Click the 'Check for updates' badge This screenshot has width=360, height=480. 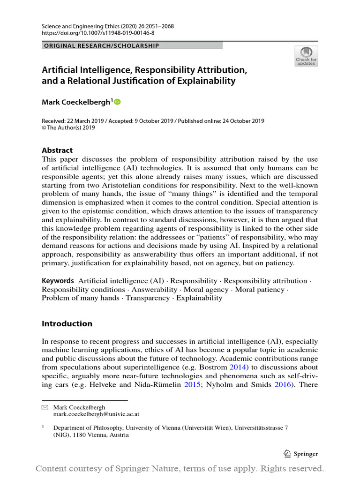(306, 56)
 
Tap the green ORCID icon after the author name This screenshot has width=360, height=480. (117, 102)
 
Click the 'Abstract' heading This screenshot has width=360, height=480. (57, 150)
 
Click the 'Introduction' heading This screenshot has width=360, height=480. (67, 323)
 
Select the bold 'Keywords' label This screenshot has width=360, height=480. (58, 281)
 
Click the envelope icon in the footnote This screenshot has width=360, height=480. (45, 408)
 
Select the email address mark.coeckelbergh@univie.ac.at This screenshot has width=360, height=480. (96, 414)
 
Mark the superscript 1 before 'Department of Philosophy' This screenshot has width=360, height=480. (43, 427)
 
